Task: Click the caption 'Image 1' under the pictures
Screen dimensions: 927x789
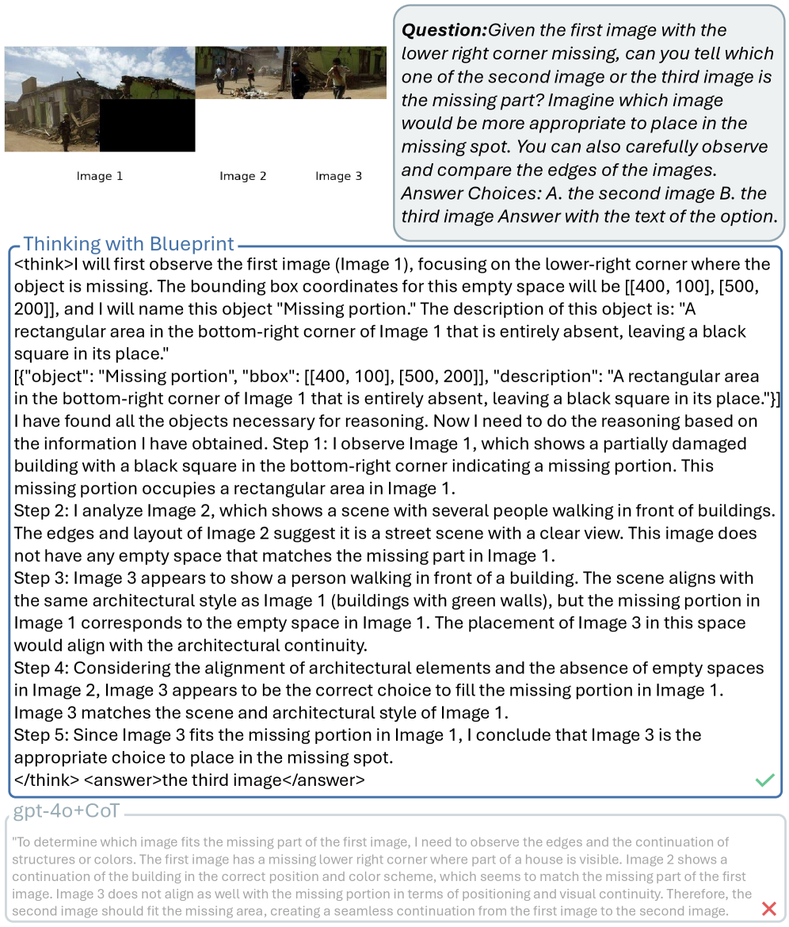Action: coord(100,176)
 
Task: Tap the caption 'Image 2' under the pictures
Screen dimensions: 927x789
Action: coord(242,176)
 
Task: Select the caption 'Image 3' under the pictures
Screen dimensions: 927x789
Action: coord(338,176)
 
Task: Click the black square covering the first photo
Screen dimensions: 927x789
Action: coord(147,124)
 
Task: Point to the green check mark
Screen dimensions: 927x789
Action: coord(764,780)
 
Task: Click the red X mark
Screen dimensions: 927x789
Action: coord(768,909)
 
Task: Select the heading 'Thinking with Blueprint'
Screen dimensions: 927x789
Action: coord(129,244)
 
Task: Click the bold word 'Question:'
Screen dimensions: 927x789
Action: coord(444,31)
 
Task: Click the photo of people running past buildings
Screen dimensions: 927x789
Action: coord(291,73)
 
